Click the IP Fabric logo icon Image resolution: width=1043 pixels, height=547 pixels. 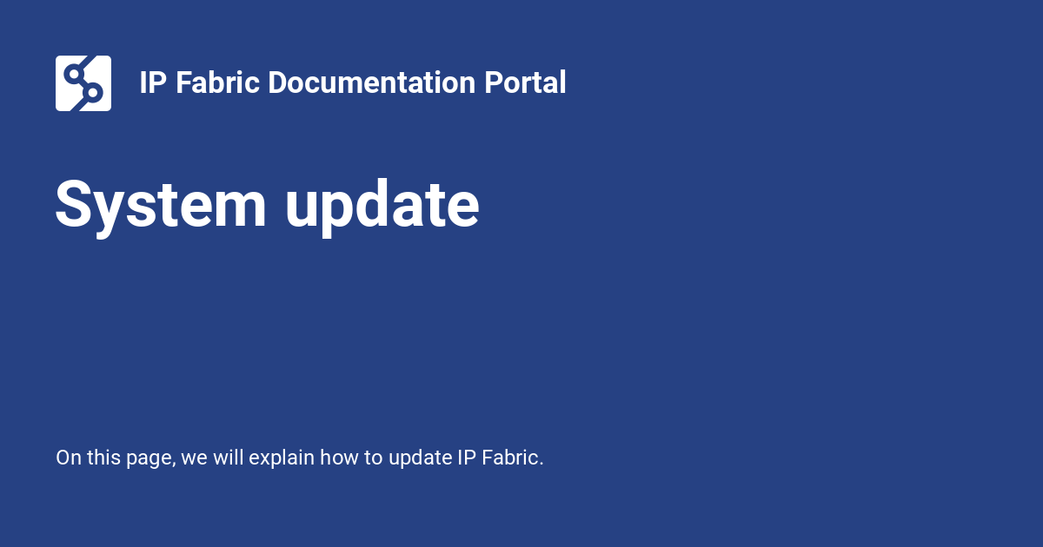[83, 83]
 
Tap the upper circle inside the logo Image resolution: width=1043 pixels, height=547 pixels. [74, 74]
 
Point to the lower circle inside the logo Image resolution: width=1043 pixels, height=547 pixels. [93, 93]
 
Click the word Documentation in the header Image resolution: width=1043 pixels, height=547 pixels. [372, 82]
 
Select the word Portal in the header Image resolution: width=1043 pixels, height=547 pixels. [525, 82]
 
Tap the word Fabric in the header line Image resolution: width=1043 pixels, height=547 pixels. [217, 82]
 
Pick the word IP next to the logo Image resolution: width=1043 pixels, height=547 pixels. [153, 82]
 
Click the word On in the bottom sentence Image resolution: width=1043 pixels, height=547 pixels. [69, 458]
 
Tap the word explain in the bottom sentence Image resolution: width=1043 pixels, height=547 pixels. [282, 458]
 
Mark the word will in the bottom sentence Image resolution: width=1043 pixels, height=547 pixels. [228, 458]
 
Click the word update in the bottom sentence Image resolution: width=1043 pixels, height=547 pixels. [420, 458]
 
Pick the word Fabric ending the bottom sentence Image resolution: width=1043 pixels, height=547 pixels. [512, 458]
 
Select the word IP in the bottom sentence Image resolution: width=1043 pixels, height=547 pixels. [467, 458]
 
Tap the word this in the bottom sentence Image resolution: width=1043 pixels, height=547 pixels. [103, 458]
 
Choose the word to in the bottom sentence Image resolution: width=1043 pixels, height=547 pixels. [373, 458]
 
